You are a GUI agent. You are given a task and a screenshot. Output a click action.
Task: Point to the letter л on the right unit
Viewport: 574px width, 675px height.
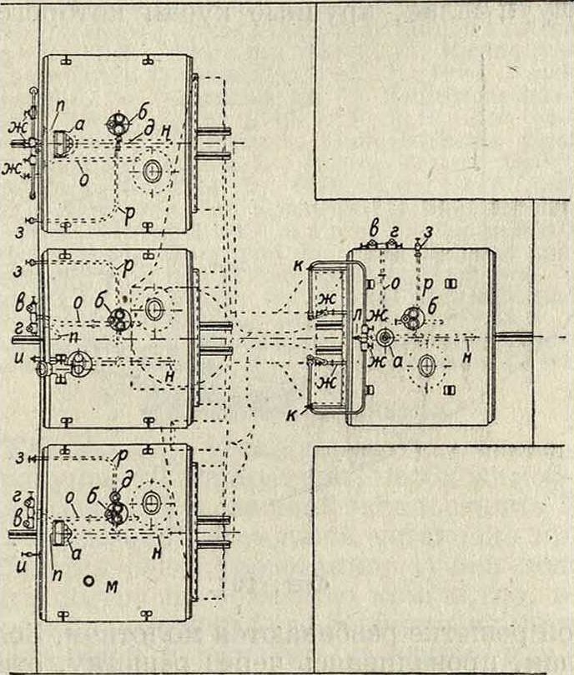[357, 315]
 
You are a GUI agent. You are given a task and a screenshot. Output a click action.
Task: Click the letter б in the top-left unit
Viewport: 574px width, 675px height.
[143, 110]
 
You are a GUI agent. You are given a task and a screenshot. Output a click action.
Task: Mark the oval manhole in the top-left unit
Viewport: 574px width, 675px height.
[152, 172]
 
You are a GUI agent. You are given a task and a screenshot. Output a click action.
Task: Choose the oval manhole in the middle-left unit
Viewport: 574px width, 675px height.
[154, 308]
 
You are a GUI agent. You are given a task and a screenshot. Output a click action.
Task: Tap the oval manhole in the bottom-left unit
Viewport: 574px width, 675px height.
[151, 502]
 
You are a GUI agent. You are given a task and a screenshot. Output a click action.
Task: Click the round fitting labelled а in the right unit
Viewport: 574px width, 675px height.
[385, 337]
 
